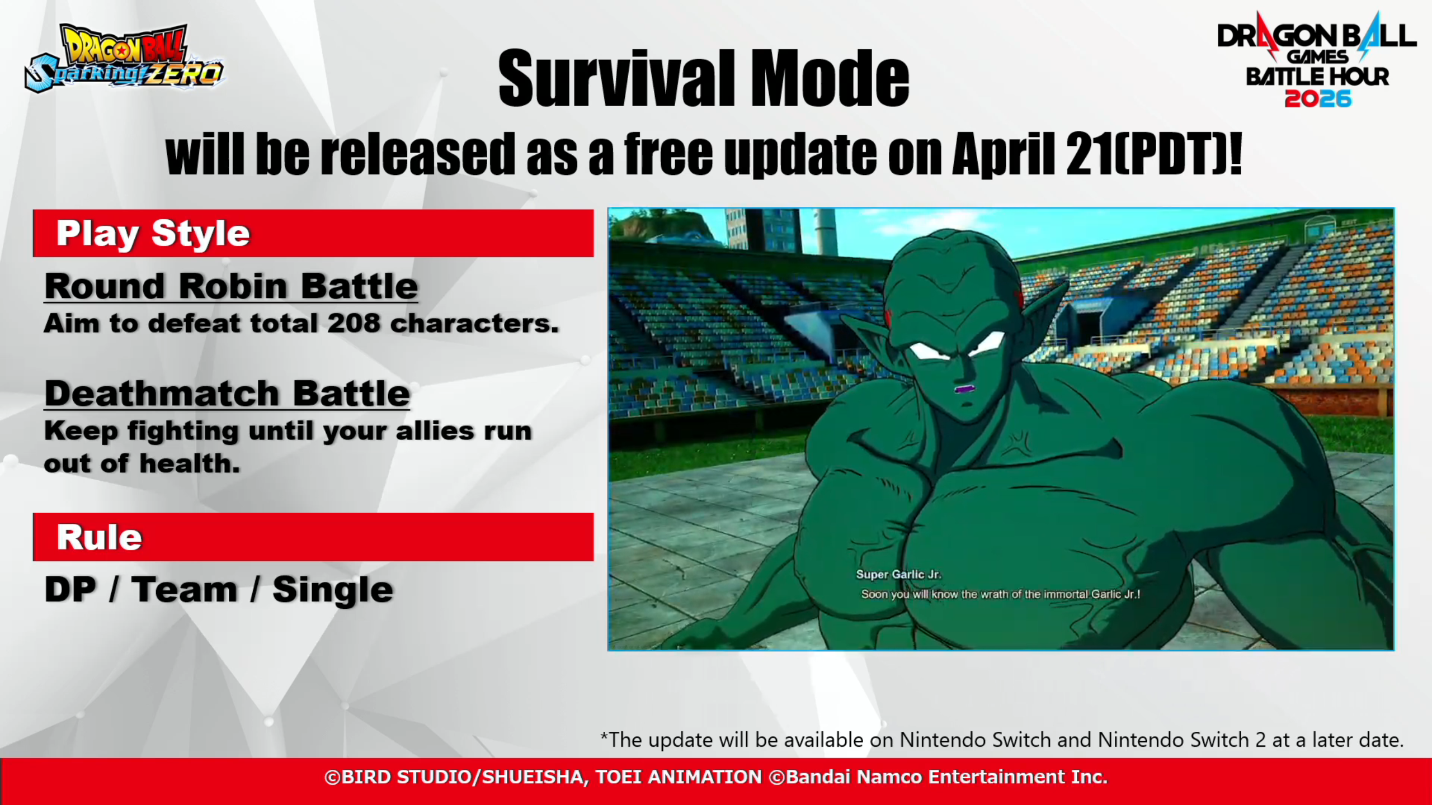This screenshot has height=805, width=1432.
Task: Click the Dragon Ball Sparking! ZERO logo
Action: point(124,58)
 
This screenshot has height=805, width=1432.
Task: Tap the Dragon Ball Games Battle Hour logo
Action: point(1317,59)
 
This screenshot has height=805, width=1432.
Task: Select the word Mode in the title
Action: point(830,78)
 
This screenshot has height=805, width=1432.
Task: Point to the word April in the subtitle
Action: point(1003,154)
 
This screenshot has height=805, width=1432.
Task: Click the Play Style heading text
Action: point(153,234)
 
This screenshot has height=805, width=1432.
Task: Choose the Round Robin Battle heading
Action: point(231,286)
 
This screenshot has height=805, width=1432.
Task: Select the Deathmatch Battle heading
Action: point(227,394)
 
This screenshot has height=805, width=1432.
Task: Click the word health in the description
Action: point(190,463)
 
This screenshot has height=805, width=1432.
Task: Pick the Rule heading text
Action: point(100,537)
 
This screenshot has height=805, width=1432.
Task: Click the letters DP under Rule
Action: point(70,590)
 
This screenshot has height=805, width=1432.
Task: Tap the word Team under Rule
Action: point(184,590)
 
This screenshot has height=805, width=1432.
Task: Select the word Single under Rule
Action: point(333,591)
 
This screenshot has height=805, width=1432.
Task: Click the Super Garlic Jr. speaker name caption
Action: point(898,574)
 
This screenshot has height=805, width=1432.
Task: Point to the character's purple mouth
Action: point(963,389)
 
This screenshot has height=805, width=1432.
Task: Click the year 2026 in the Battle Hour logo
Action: point(1318,99)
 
